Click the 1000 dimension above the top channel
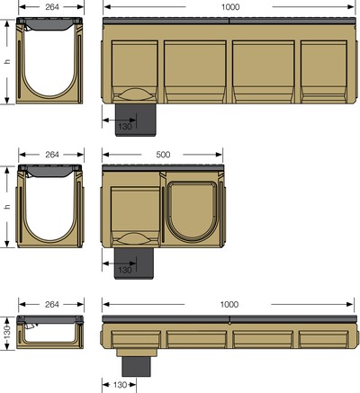230,7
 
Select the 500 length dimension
163,155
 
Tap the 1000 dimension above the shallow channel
229,305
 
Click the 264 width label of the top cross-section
52,7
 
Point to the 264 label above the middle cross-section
52,155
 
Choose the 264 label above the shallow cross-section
52,305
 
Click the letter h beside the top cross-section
7,61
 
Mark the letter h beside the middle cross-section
7,207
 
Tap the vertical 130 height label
7,332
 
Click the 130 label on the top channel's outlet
125,126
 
